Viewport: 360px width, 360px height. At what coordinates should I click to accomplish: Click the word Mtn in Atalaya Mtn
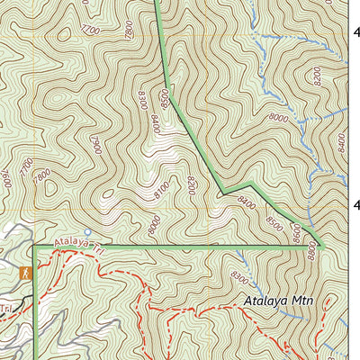[303, 301]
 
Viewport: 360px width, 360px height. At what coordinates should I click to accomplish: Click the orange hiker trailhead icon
[26, 271]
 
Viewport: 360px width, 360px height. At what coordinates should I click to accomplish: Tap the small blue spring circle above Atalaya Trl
[87, 230]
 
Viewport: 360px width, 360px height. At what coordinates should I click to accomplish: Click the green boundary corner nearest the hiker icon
[33, 244]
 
